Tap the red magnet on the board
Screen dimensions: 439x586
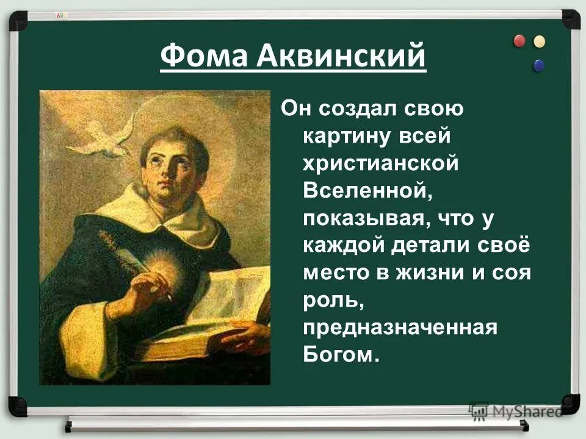click(x=519, y=41)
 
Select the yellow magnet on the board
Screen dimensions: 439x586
click(x=539, y=41)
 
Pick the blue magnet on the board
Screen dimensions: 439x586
click(x=538, y=65)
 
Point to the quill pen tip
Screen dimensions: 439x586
click(x=170, y=299)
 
